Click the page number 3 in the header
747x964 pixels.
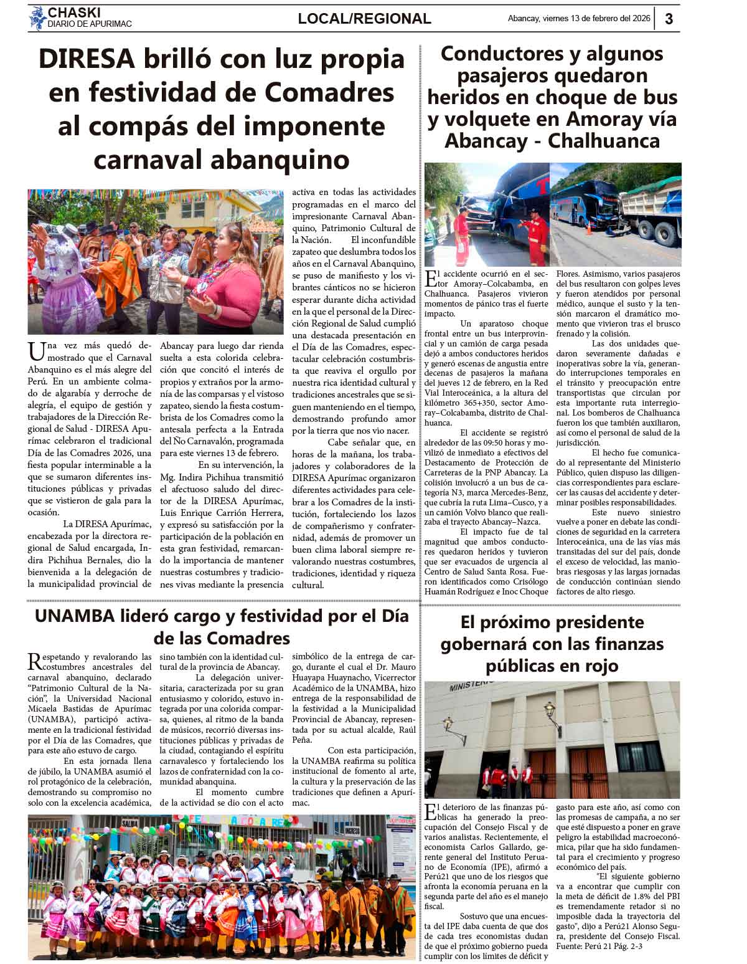point(669,19)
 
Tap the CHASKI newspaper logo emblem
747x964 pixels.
point(37,18)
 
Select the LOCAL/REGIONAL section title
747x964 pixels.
point(364,19)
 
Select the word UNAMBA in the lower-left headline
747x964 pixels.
point(75,616)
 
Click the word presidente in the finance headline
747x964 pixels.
point(593,622)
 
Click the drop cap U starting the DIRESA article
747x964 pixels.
point(36,351)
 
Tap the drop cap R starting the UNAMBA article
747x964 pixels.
point(35,662)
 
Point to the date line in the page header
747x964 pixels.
point(578,19)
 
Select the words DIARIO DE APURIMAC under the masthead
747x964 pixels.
point(90,24)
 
